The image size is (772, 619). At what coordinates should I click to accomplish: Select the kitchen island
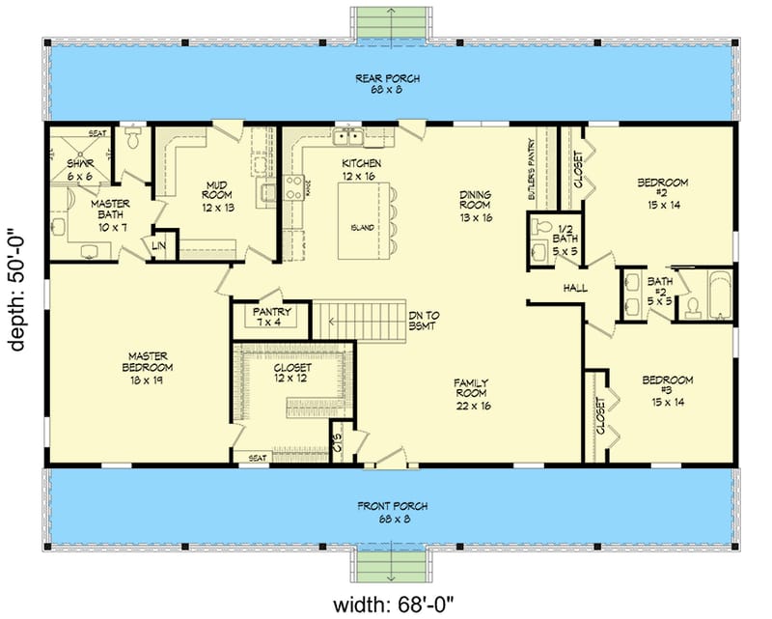[365, 219]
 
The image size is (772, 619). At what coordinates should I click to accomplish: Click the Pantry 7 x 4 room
[270, 318]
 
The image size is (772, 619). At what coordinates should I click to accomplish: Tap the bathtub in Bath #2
[719, 295]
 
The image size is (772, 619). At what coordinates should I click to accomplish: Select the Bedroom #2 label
[664, 188]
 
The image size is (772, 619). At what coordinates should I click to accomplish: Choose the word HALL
[575, 288]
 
